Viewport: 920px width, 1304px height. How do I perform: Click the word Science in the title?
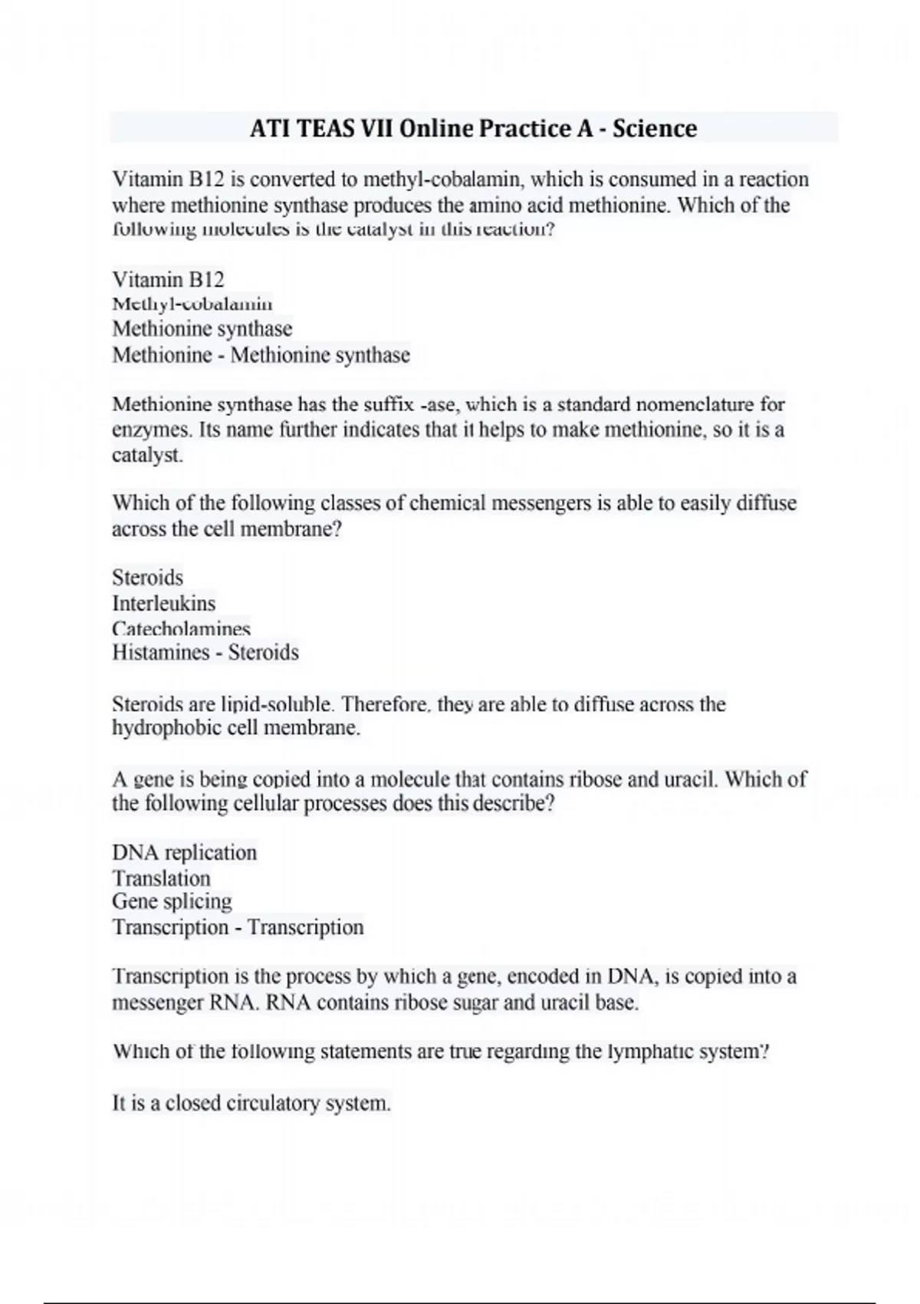(655, 128)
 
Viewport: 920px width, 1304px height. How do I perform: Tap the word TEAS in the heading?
(327, 128)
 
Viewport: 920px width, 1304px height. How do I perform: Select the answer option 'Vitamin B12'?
(168, 279)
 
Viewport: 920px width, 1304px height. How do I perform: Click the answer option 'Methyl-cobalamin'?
(192, 304)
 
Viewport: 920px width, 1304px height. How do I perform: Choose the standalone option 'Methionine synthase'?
(202, 329)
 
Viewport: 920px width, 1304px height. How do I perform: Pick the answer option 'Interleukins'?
(163, 603)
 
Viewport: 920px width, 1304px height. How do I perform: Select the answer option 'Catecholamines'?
(181, 628)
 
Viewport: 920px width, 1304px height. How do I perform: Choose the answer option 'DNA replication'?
(184, 853)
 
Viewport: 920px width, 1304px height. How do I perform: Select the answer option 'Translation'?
(161, 878)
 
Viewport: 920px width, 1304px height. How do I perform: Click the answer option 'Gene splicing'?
(172, 901)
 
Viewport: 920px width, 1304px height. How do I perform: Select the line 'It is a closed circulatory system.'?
(251, 1104)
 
